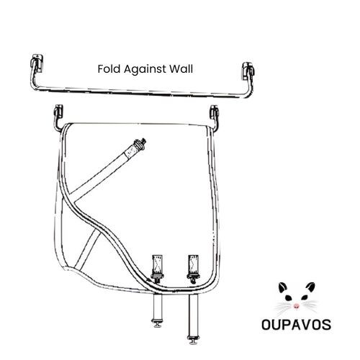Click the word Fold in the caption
tap(109, 69)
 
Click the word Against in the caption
tap(145, 70)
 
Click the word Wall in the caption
tap(181, 69)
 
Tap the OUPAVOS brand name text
tap(296, 325)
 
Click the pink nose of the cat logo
tap(297, 306)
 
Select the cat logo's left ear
tap(283, 287)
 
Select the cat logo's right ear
tap(310, 287)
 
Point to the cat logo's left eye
tap(288, 298)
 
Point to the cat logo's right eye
tap(305, 297)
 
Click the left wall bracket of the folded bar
tap(37, 63)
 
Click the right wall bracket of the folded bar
tap(248, 71)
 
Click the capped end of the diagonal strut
tap(140, 144)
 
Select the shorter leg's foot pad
tap(158, 323)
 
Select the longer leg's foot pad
tap(194, 340)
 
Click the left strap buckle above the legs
tap(157, 269)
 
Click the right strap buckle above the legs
tap(193, 269)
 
